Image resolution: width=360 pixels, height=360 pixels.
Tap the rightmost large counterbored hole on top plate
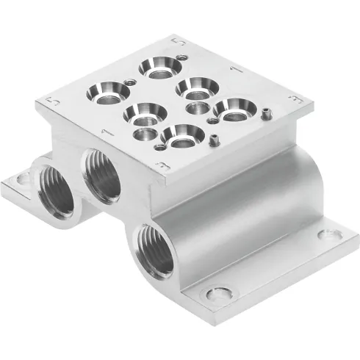(235, 110)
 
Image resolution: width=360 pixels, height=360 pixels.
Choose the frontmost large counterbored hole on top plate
(180, 135)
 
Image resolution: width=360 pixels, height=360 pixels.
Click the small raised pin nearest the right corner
(266, 112)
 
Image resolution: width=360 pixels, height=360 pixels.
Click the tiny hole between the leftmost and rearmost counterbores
(131, 81)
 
